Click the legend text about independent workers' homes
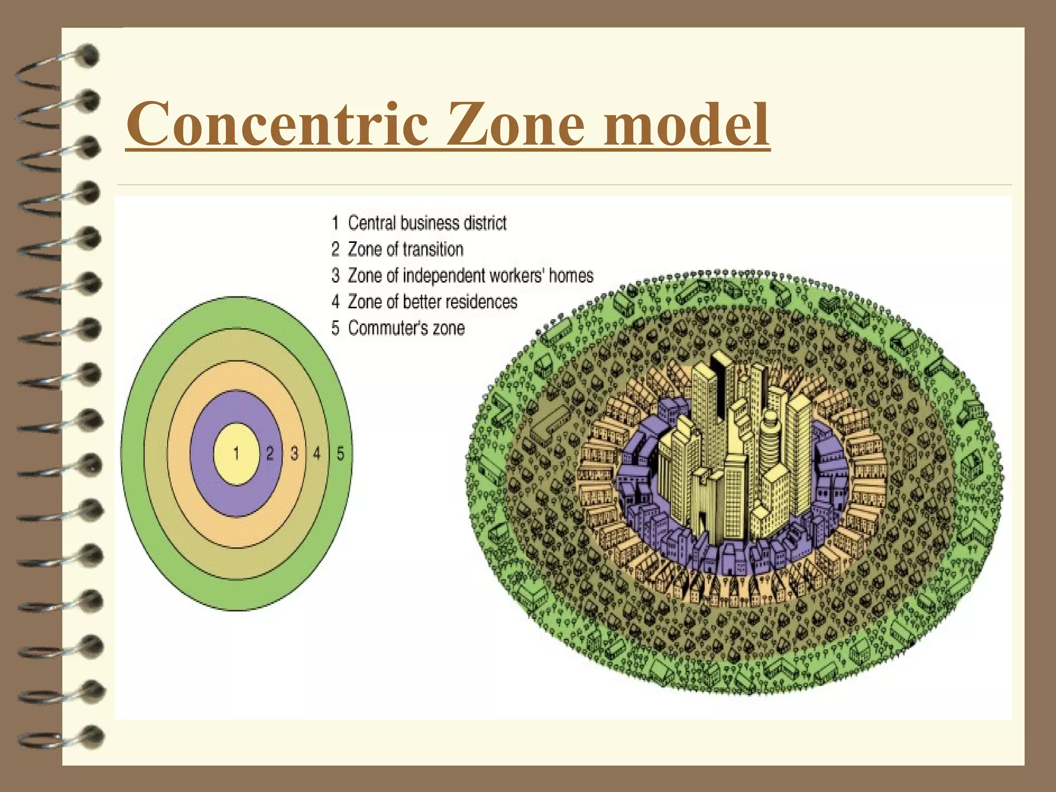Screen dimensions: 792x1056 click(x=470, y=276)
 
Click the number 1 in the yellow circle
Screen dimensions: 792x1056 click(x=236, y=454)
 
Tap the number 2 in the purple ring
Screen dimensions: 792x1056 click(x=270, y=454)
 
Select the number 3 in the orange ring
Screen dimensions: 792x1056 click(x=294, y=454)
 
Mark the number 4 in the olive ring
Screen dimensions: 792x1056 click(x=317, y=454)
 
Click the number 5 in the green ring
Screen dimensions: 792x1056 click(x=340, y=454)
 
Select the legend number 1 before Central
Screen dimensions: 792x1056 click(x=335, y=223)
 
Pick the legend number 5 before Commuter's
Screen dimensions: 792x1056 click(x=335, y=328)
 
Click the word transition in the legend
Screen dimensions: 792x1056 click(x=433, y=250)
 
